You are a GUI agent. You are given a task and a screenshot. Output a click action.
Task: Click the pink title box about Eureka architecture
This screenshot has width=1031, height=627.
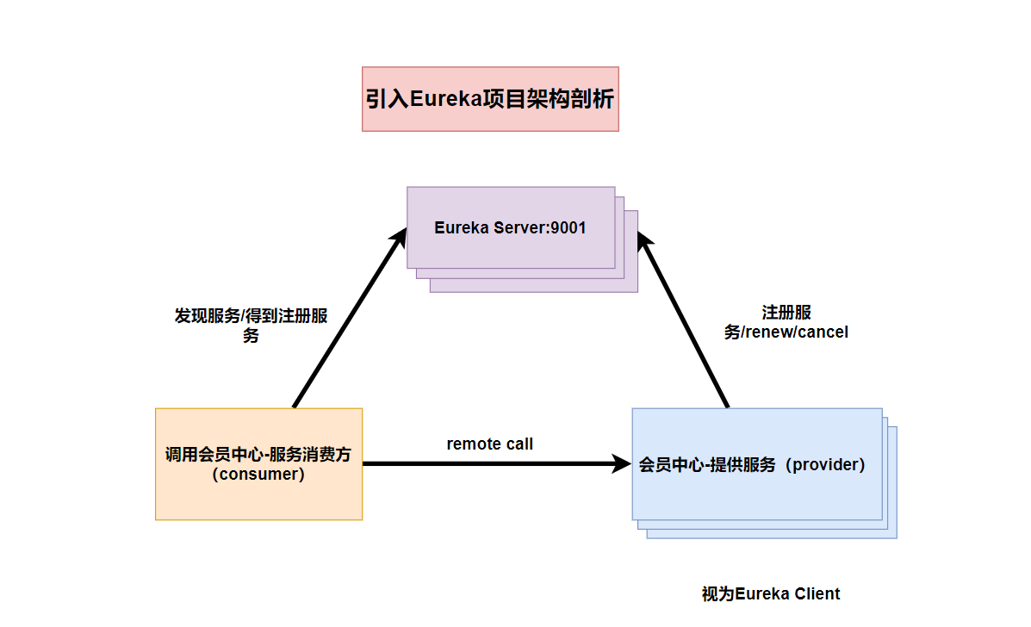[x=490, y=99]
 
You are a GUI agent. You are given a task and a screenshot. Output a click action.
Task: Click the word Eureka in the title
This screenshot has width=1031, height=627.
[x=442, y=100]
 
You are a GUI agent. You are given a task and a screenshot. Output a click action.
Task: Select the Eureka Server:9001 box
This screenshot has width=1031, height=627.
[x=511, y=227]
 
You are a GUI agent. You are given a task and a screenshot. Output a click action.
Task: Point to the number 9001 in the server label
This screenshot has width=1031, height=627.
[x=569, y=228]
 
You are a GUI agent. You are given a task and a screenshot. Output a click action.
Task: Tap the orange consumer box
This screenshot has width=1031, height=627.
[x=258, y=463]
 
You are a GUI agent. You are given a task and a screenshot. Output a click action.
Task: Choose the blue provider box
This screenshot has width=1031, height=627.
[x=757, y=464]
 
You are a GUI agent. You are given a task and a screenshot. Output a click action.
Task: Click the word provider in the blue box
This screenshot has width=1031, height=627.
[x=823, y=465]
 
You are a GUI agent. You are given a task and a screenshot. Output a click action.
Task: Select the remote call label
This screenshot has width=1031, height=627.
[x=489, y=444]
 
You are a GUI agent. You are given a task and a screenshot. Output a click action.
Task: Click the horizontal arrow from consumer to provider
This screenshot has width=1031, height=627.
[x=491, y=464]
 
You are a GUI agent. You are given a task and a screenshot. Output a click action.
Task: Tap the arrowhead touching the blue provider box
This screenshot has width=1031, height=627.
[x=622, y=464]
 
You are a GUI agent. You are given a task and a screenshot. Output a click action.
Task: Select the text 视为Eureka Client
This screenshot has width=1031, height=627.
[x=771, y=593]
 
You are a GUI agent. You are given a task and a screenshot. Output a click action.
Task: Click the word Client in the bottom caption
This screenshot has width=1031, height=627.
[x=817, y=593]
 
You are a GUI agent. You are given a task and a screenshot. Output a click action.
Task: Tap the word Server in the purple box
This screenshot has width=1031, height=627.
[x=513, y=228]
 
